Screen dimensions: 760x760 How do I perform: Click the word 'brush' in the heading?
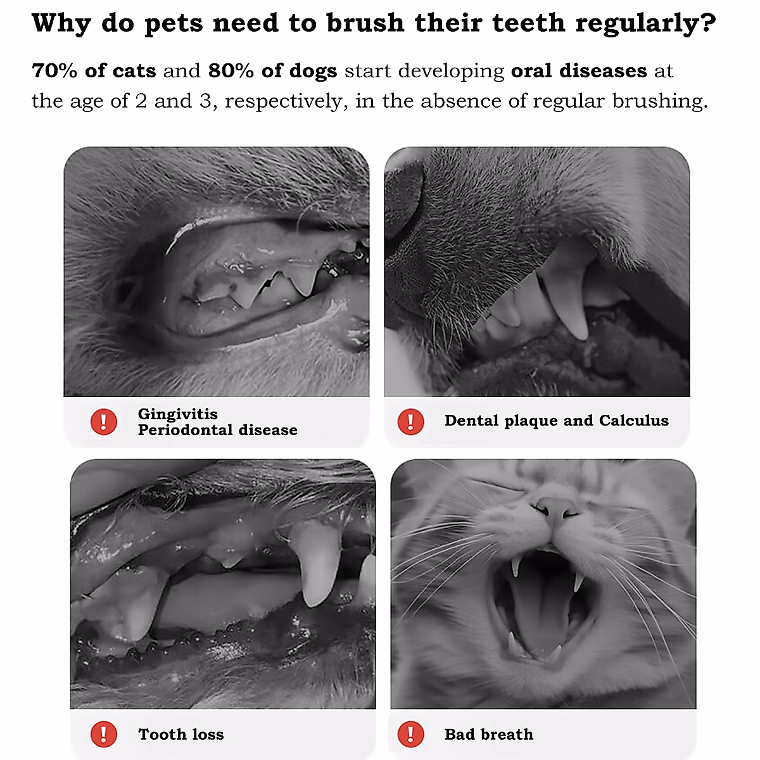pyautogui.click(x=365, y=24)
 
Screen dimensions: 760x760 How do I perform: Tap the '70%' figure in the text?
pyautogui.click(x=54, y=71)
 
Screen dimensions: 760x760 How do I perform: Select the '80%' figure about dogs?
pyautogui.click(x=231, y=71)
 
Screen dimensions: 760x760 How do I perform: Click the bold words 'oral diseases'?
pyautogui.click(x=579, y=71)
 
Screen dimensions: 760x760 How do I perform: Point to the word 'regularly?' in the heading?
pyautogui.click(x=646, y=24)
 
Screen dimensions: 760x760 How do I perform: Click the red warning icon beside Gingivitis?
pyautogui.click(x=104, y=422)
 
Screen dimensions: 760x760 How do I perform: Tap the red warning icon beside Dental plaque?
pyautogui.click(x=410, y=422)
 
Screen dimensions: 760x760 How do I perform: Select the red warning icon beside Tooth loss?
pyautogui.click(x=104, y=735)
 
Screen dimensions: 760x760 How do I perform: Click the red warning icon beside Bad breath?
pyautogui.click(x=410, y=735)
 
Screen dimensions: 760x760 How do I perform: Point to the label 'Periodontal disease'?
pyautogui.click(x=218, y=430)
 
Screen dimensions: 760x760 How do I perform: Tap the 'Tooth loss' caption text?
pyautogui.click(x=181, y=735)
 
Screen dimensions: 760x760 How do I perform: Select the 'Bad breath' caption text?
pyautogui.click(x=489, y=735)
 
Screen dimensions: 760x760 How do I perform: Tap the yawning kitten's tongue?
pyautogui.click(x=538, y=608)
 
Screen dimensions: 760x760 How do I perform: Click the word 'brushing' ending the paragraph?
pyautogui.click(x=659, y=101)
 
